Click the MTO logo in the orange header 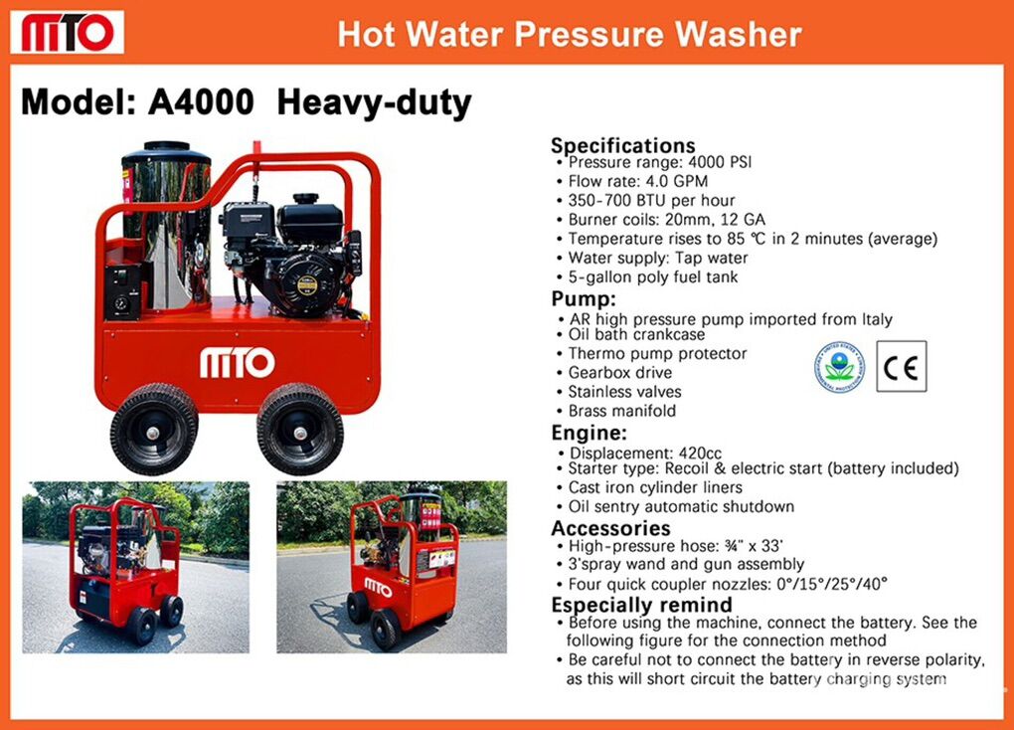tap(68, 32)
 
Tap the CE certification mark tap(902, 366)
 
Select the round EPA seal tap(839, 366)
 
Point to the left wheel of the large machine tap(154, 429)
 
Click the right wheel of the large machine tap(300, 429)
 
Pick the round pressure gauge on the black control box tap(121, 303)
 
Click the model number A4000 tap(201, 102)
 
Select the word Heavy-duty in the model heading tap(375, 103)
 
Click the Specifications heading tap(622, 145)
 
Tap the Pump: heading tap(584, 299)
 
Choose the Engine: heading tap(590, 433)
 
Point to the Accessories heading tap(610, 528)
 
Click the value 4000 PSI tap(719, 162)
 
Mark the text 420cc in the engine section tap(700, 453)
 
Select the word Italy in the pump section tap(876, 319)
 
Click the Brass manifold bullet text tap(622, 411)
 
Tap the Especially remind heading tap(641, 605)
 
